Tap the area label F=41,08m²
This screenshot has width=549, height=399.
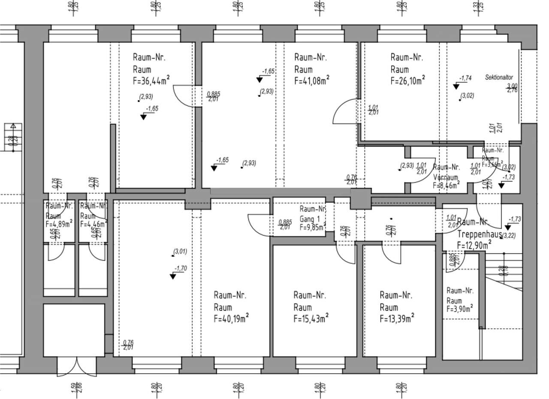(312, 80)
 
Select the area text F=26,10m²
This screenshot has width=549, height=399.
(407, 80)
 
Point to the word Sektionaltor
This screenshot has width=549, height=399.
(499, 78)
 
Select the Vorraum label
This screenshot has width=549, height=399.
(446, 177)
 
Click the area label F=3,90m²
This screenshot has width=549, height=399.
(460, 309)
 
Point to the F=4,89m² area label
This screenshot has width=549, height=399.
(59, 223)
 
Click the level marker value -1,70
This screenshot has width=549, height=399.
(181, 269)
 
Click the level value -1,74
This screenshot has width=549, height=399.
(465, 78)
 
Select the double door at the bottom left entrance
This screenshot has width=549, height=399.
(77, 366)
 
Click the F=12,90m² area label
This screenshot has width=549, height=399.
(474, 245)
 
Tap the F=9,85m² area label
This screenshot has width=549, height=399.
(311, 228)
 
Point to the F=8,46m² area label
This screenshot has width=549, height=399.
(446, 186)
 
